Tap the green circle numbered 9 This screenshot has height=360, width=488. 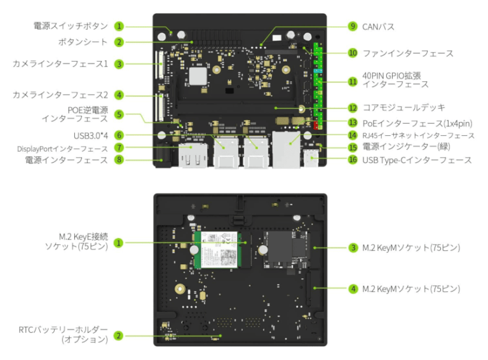(352, 27)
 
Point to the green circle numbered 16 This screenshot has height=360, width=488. (352, 160)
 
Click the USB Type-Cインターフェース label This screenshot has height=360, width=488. (416, 160)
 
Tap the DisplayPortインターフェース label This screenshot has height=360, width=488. (62, 148)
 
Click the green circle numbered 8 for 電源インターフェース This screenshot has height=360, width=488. (119, 160)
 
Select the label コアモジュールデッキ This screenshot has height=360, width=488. (403, 108)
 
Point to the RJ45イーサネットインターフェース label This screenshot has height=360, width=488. (418, 135)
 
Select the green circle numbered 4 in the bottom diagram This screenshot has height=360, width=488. (352, 289)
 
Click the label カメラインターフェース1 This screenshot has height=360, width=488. (60, 63)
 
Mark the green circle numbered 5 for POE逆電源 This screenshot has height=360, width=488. (119, 114)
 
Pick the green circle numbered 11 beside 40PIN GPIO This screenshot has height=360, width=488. (352, 81)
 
